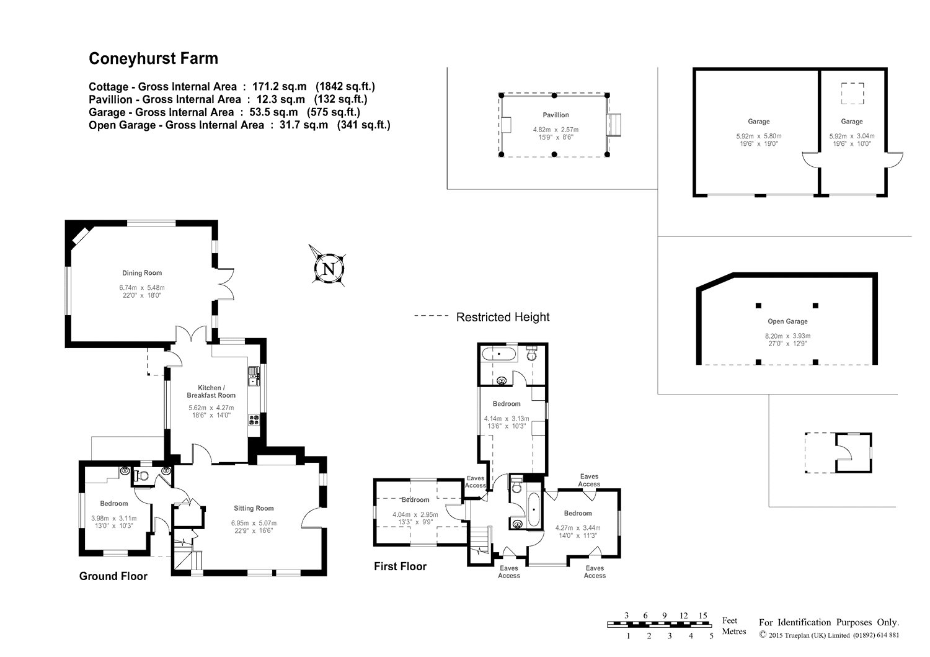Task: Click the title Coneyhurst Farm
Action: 153,58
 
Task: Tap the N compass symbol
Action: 329,269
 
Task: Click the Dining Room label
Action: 142,273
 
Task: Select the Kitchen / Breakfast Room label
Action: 211,391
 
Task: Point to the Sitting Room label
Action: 254,508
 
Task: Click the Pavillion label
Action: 556,115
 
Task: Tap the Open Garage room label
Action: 787,321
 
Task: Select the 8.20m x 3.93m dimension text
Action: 787,336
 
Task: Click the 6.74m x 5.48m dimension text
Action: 142,288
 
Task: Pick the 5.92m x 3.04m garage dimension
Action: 852,136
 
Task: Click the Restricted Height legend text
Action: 503,317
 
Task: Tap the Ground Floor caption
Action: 113,576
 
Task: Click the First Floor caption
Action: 401,566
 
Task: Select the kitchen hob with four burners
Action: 254,420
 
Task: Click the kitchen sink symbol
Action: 253,376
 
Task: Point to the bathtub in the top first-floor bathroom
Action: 498,354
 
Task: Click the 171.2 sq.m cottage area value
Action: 280,86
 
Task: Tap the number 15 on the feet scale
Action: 702,615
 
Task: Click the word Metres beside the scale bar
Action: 734,631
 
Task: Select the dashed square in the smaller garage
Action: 852,93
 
